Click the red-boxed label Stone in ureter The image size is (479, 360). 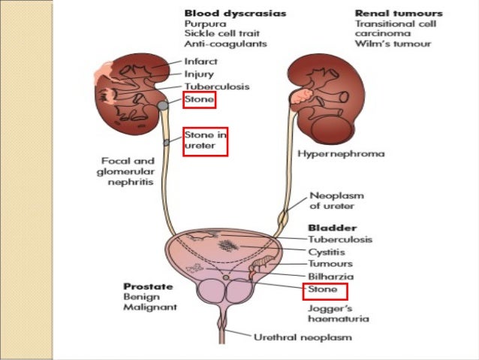click(204, 141)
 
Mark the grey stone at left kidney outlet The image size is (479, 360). click(162, 107)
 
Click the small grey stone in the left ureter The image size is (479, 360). click(165, 141)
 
